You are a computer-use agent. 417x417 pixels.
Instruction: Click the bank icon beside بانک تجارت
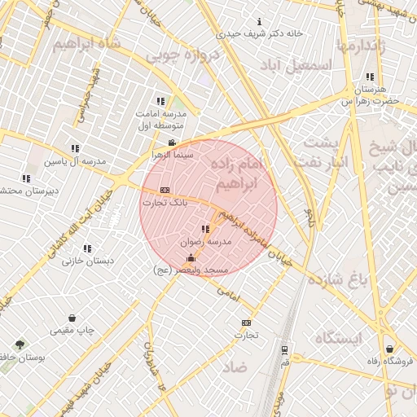tap(165, 189)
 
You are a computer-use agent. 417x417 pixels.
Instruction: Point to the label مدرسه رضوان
tap(209, 242)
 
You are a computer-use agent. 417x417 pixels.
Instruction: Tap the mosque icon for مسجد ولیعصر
tap(191, 258)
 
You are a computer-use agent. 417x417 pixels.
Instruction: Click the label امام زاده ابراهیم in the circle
tap(244, 174)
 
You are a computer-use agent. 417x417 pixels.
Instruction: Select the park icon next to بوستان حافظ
tap(20, 345)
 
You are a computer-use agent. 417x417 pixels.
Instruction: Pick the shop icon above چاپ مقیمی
tap(72, 318)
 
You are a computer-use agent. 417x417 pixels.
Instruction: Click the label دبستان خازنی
tap(87, 261)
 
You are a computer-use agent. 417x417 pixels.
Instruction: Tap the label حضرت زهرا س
tap(371, 100)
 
